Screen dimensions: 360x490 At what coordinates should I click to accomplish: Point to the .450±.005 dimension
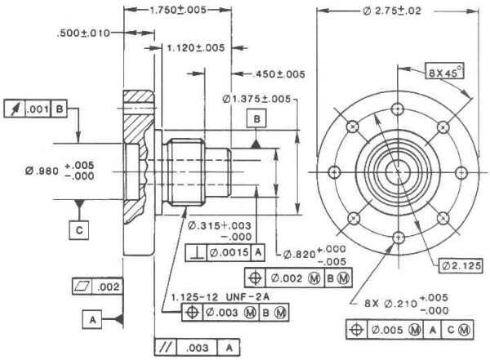click(x=280, y=73)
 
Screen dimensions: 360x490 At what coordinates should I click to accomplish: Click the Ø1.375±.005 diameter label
click(x=257, y=99)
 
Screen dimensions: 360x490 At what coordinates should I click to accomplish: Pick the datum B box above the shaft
click(x=257, y=119)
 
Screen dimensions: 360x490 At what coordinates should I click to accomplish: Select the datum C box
click(x=79, y=230)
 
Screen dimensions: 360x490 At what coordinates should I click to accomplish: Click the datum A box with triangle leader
click(x=92, y=321)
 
